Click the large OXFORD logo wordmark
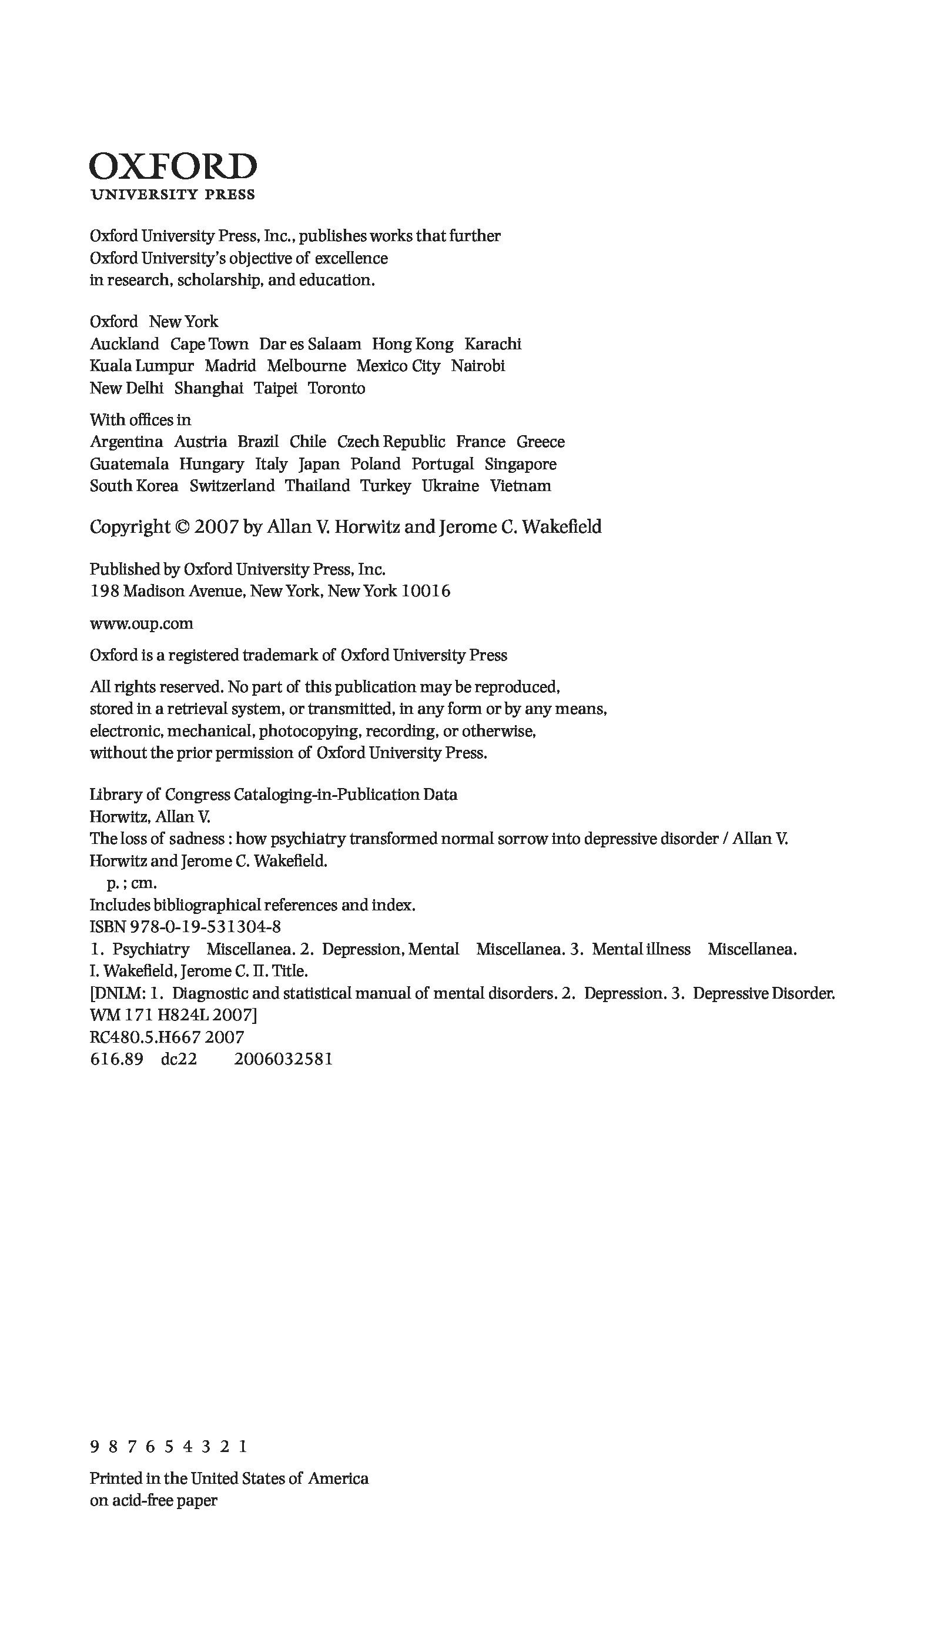point(173,167)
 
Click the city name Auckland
point(124,344)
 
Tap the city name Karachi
point(493,344)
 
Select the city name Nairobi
point(478,366)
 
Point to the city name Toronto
point(336,389)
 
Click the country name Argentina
point(126,442)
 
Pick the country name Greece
point(540,442)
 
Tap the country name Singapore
point(520,464)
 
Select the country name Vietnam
point(520,486)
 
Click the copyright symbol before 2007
point(181,527)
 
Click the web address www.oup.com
point(142,624)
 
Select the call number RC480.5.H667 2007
point(167,1038)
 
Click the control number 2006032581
point(283,1060)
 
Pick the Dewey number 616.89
point(116,1060)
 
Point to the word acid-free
point(142,1532)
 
